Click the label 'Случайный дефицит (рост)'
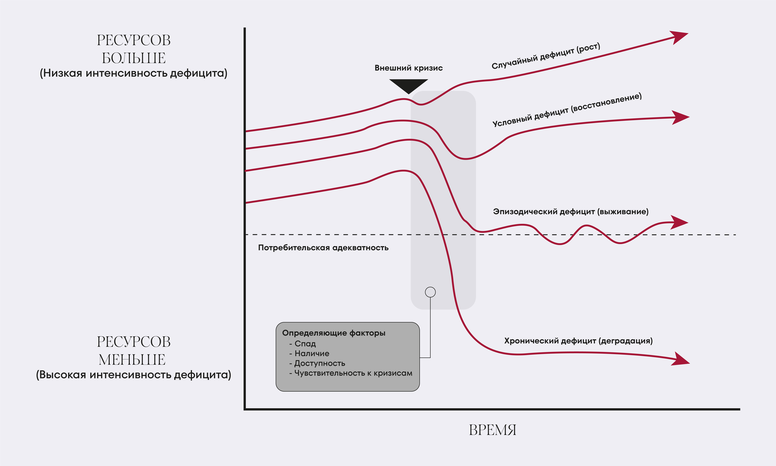point(546,56)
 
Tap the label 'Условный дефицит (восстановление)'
point(567,110)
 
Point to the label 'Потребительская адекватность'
point(323,248)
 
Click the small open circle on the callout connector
point(430,292)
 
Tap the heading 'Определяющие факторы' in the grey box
point(333,333)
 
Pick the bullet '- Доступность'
point(317,363)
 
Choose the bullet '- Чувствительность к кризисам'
point(351,373)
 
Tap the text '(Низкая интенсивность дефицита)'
point(133,73)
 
